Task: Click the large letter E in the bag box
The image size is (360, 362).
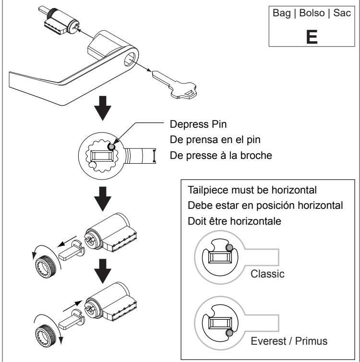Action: click(312, 36)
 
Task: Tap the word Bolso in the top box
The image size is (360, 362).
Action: click(312, 13)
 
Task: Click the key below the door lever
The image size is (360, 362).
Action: click(174, 85)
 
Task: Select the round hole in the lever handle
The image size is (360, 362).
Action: click(130, 59)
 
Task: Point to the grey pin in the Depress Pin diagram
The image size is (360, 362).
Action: click(111, 147)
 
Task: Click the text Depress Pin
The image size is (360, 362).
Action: click(198, 124)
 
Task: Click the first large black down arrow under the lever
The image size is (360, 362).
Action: click(103, 108)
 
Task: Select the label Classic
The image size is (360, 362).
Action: click(267, 274)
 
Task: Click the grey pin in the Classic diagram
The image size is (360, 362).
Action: click(229, 248)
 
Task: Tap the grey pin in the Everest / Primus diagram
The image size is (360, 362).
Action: click(229, 333)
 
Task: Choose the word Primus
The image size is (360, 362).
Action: click(312, 341)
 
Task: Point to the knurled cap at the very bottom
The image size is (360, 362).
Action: click(46, 336)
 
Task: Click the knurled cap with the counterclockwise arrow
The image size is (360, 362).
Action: click(45, 267)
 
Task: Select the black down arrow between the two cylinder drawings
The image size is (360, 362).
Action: click(103, 271)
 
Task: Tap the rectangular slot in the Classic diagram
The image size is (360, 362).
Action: click(220, 257)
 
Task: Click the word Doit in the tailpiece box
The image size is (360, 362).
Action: click(196, 221)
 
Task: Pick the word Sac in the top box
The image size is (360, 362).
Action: click(342, 13)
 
